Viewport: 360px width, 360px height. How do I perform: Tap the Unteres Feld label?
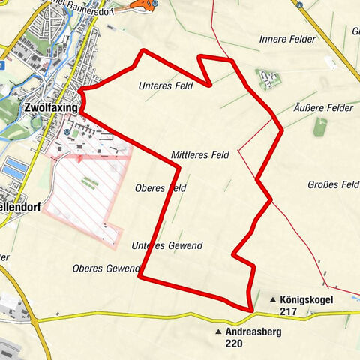(165, 86)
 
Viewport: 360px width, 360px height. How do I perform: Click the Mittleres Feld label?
(199, 155)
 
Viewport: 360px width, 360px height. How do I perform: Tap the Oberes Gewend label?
(106, 268)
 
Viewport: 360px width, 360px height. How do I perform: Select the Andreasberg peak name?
(252, 331)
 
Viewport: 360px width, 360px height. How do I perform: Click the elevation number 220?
(233, 343)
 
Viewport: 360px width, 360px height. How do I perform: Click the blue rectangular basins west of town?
(13, 168)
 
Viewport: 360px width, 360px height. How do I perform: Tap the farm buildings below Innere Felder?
(268, 77)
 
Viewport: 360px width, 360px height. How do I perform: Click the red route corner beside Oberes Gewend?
(140, 277)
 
